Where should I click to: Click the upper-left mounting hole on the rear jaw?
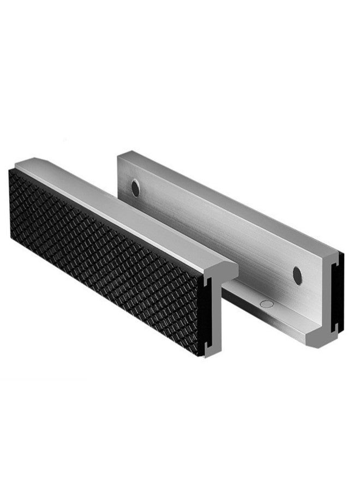point(135,188)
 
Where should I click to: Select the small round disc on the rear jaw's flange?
point(266,304)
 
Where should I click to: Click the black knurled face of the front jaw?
point(104,256)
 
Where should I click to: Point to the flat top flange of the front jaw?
point(125,209)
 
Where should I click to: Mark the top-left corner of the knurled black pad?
point(12,170)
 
